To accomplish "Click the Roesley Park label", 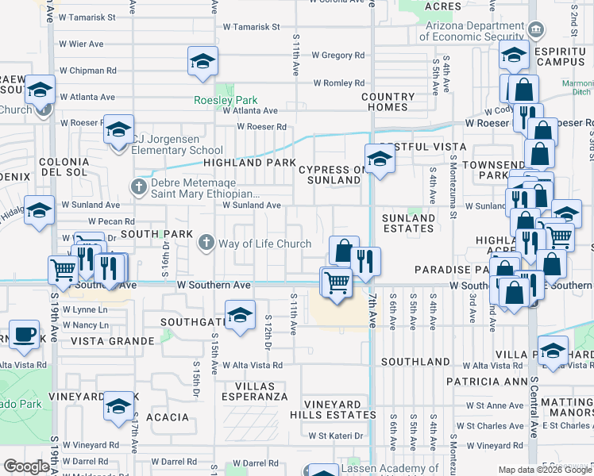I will [x=226, y=101].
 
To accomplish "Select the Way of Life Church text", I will [x=265, y=244].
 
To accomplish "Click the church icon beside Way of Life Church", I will [x=206, y=242].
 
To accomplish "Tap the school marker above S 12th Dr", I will [x=239, y=315].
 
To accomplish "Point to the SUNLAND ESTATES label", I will [x=408, y=223].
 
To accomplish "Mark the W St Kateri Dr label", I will [x=336, y=436].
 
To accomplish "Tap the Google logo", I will [x=27, y=466].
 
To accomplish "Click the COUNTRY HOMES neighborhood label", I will [x=388, y=102].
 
